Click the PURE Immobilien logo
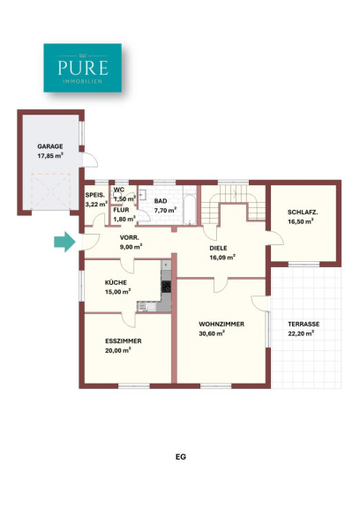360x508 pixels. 83,68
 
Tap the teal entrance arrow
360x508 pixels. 64,242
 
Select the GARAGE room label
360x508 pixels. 50,146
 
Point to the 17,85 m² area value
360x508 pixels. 50,156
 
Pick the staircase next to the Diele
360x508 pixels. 233,204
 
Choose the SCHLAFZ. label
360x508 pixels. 303,213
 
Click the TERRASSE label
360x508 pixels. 304,324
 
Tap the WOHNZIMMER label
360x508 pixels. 221,324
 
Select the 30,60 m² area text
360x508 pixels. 213,333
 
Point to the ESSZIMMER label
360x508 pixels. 124,341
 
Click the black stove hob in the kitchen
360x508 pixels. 166,287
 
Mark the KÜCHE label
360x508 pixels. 116,282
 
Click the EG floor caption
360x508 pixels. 181,457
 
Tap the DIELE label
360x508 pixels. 219,249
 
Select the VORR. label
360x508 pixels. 130,237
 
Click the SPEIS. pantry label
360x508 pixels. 95,195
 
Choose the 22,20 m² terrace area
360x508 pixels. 301,333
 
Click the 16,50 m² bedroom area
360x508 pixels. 301,222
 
